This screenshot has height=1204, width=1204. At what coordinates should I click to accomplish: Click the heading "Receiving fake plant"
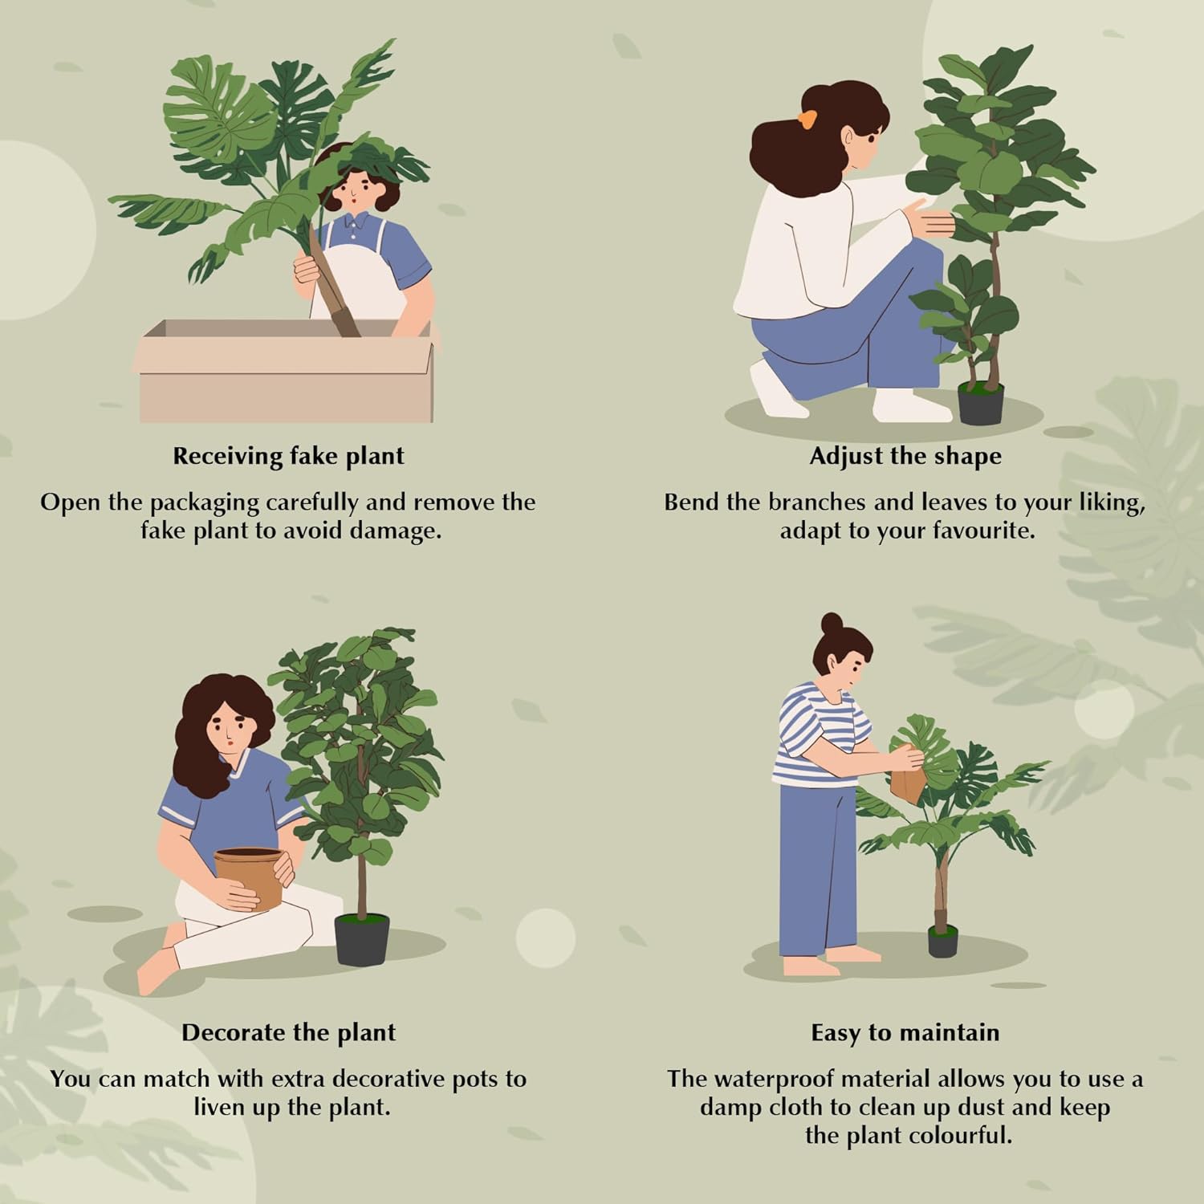click(x=288, y=456)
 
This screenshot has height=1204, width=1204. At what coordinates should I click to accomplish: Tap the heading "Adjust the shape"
click(x=905, y=456)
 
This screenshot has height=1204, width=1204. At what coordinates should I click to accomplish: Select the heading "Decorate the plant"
click(x=288, y=1032)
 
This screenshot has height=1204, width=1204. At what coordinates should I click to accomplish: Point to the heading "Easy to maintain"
click(x=905, y=1032)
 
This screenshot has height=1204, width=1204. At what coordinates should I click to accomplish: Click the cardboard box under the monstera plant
click(x=286, y=381)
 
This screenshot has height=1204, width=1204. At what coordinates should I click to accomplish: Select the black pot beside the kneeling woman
click(x=981, y=403)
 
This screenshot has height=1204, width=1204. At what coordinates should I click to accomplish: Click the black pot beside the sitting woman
click(x=362, y=940)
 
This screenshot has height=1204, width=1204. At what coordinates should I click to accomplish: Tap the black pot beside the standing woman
click(x=943, y=941)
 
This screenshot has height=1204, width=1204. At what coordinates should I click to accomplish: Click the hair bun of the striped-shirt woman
click(x=831, y=623)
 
